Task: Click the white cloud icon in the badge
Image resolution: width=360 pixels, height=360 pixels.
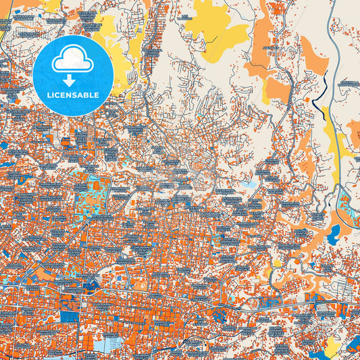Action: click(73, 61)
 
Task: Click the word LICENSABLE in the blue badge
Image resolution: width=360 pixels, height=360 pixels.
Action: click(73, 95)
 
